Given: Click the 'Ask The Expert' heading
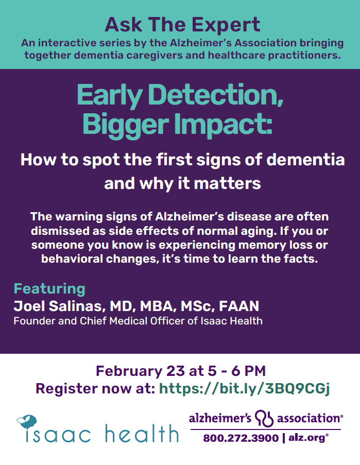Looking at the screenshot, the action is (x=182, y=25).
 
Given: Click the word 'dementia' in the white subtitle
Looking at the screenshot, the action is (x=305, y=160).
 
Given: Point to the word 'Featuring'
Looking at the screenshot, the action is (x=49, y=289).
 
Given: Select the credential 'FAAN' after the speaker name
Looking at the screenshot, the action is (x=239, y=306).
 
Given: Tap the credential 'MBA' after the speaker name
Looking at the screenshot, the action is (x=157, y=306).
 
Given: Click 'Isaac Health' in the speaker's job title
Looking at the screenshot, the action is (x=232, y=321).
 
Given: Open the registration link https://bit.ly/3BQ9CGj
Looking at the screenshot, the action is (x=244, y=388).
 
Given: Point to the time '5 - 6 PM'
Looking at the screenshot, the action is (x=236, y=371).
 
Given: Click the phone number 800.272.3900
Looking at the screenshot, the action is (x=241, y=438).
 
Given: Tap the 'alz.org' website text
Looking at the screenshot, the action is (x=308, y=438).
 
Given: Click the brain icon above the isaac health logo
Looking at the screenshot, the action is (x=27, y=422).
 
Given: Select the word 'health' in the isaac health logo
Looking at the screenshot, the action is (x=142, y=434).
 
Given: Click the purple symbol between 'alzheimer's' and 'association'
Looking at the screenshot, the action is (x=264, y=419).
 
